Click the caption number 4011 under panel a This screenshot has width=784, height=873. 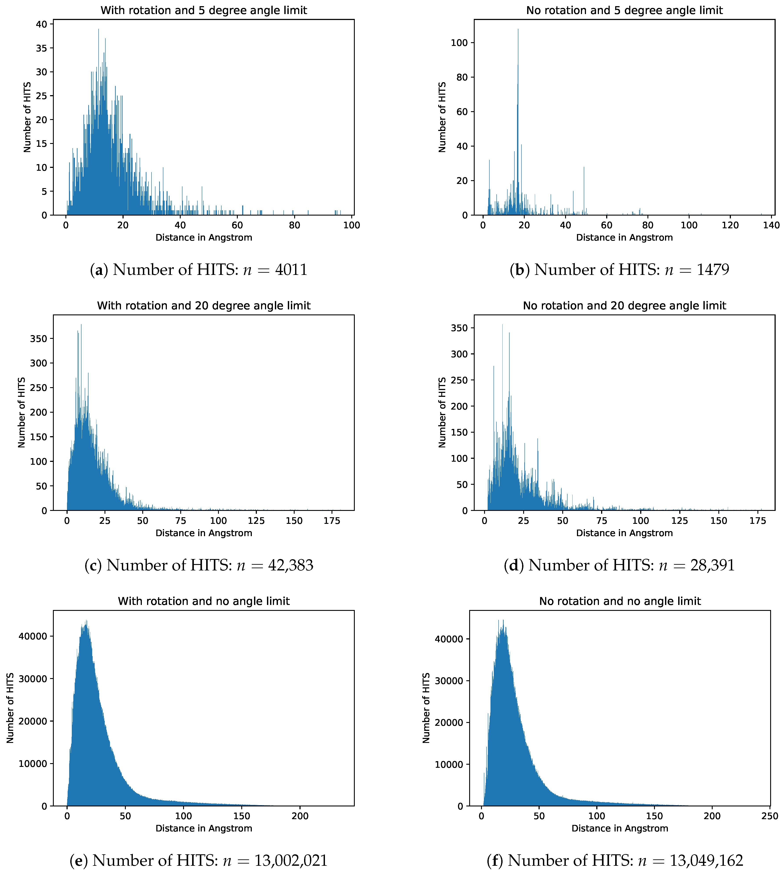[291, 270]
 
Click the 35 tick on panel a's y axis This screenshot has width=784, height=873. [42, 48]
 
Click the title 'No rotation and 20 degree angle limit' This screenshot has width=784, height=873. [624, 306]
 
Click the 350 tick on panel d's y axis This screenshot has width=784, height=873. [459, 328]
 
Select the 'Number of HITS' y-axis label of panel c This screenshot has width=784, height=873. [22, 413]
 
